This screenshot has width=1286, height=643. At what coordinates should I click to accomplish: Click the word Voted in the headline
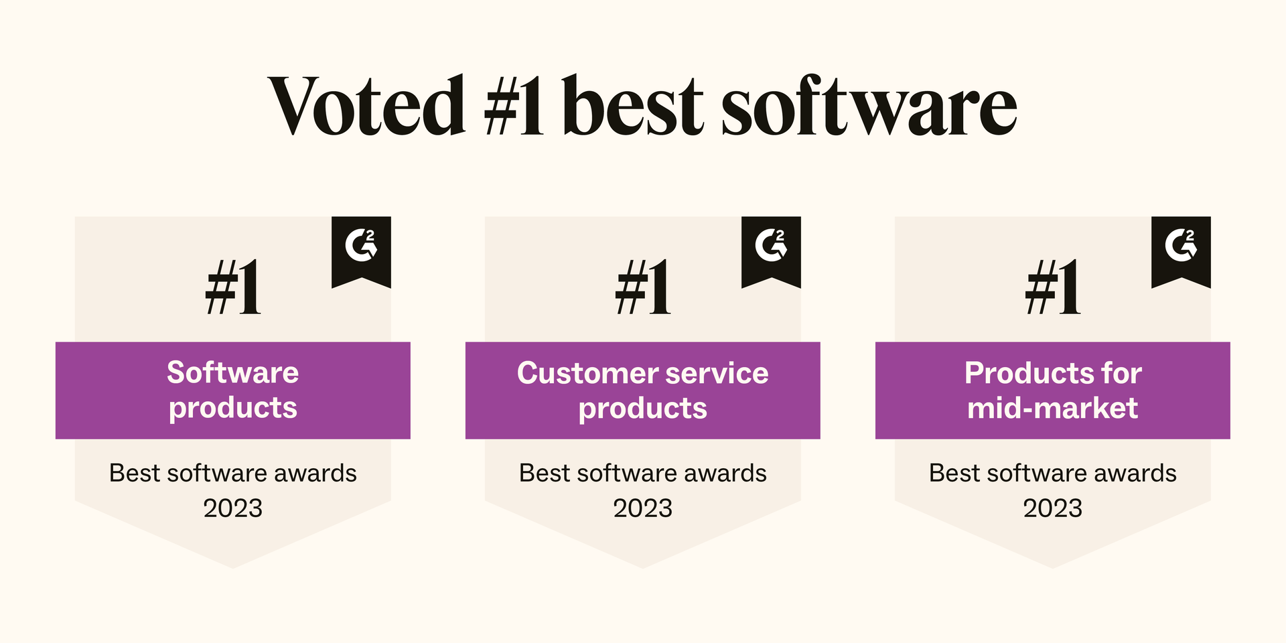tap(366, 105)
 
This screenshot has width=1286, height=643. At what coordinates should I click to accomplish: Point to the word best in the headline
tap(633, 105)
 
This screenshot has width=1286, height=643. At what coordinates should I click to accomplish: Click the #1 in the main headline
tap(514, 105)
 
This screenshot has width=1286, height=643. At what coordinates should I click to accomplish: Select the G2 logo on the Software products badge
tap(361, 244)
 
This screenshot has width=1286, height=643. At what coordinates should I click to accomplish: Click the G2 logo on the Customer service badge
tap(771, 244)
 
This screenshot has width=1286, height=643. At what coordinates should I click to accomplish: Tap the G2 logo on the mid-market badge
tap(1181, 244)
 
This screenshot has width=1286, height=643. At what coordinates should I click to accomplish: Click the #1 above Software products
tap(233, 287)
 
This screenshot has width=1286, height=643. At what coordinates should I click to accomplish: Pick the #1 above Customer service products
tap(643, 287)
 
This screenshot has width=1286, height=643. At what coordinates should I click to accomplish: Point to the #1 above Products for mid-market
tap(1053, 287)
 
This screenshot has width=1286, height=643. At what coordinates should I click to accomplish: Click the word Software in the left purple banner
tap(233, 372)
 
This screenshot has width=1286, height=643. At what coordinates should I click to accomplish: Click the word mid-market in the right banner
tap(1053, 408)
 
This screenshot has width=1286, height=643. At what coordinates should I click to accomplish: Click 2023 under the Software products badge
tap(233, 508)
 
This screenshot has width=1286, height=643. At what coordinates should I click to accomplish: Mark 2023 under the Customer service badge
tap(643, 508)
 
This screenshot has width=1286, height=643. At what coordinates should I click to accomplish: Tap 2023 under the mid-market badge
tap(1053, 508)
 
